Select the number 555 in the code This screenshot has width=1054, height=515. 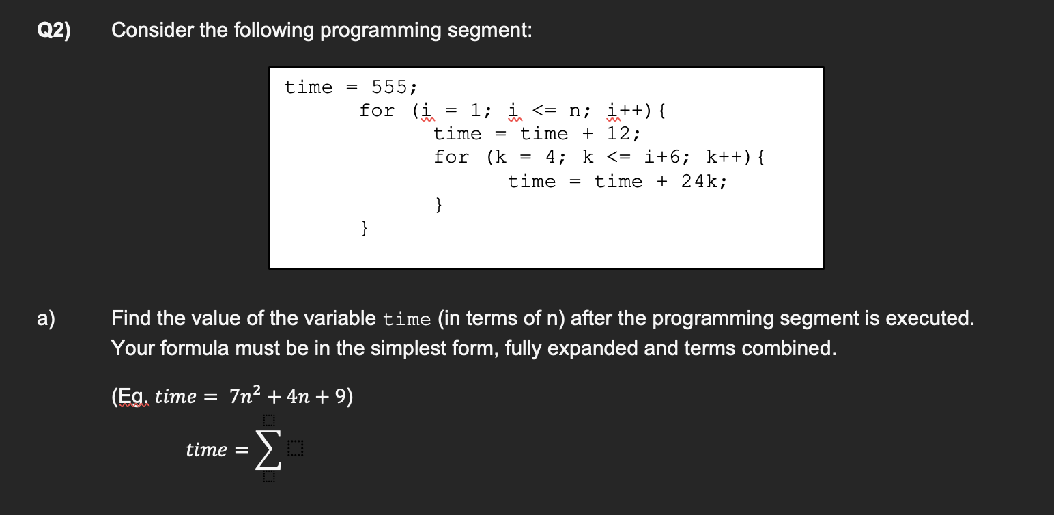(393, 87)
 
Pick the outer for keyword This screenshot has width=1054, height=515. (377, 111)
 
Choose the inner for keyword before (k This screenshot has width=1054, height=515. (451, 157)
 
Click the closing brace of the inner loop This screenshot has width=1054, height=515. (440, 204)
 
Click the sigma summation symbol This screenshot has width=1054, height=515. (267, 450)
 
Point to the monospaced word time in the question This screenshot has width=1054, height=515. (407, 319)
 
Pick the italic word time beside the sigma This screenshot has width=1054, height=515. (206, 450)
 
